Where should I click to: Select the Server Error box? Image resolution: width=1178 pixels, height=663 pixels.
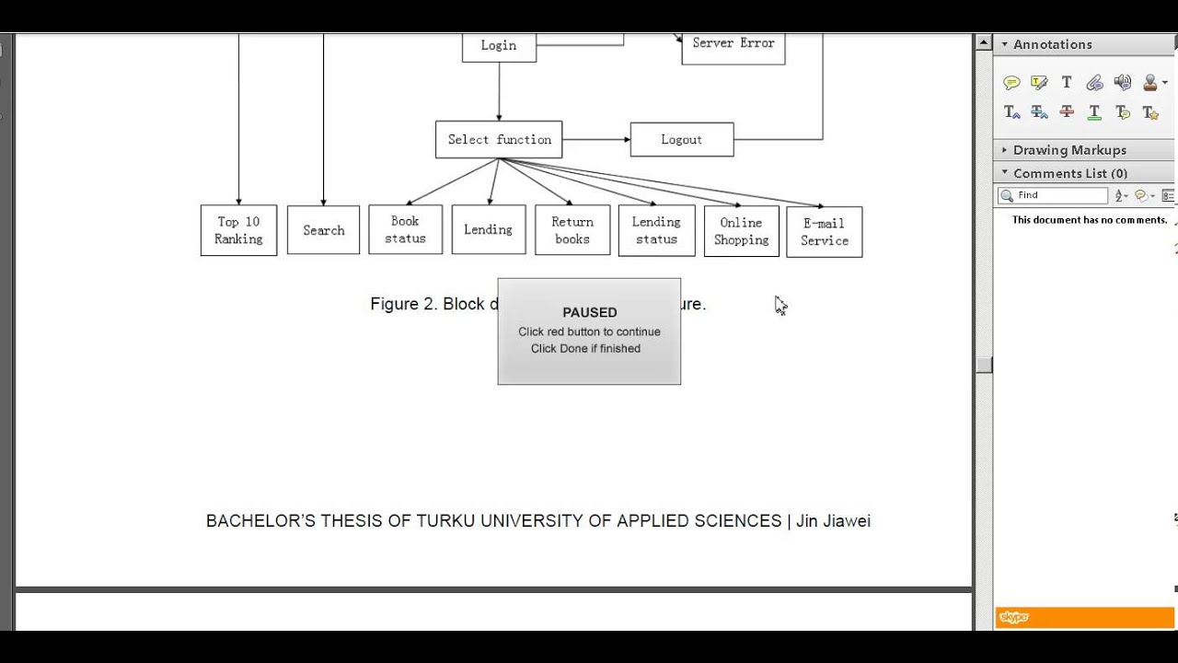tap(733, 46)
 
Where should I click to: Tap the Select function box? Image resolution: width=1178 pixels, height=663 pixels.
tap(499, 140)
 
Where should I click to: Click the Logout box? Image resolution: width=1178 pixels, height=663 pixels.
tap(681, 140)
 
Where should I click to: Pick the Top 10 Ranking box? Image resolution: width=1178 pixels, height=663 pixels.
tap(238, 230)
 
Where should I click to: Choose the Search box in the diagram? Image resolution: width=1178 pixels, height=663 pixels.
tap(323, 230)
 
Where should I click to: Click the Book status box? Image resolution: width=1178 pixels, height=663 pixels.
tap(405, 229)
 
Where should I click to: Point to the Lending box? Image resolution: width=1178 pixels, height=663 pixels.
tap(488, 229)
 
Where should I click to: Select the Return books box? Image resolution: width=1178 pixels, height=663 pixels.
tap(572, 230)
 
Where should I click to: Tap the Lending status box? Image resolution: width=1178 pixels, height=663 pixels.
tap(656, 230)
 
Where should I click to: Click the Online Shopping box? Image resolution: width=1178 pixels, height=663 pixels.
tap(741, 231)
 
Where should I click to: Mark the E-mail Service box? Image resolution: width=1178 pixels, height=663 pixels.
tap(824, 232)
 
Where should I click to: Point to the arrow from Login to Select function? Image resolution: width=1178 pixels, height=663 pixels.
tap(499, 92)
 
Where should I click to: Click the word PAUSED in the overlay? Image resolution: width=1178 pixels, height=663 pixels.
tap(589, 312)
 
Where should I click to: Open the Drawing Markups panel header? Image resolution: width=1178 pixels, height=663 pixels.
tap(1069, 150)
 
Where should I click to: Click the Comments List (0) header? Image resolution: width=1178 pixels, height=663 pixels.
tap(1069, 173)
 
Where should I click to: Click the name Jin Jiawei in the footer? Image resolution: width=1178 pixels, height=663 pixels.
tap(833, 521)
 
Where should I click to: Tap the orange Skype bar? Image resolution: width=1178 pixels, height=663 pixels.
tap(1084, 618)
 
